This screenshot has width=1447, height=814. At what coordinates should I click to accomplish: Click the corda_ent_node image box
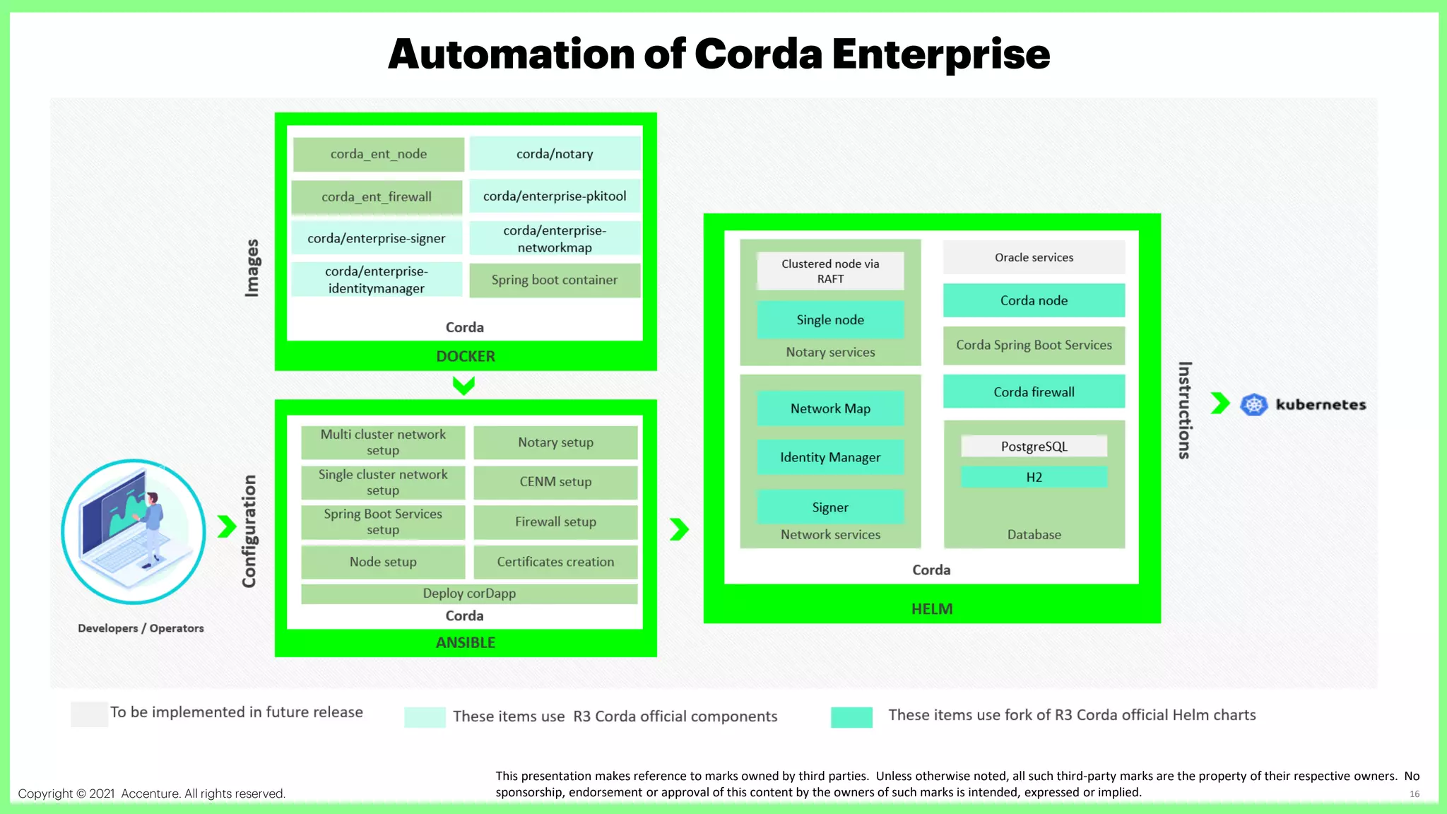[x=379, y=154]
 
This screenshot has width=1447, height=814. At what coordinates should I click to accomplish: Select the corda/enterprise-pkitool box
[x=555, y=196]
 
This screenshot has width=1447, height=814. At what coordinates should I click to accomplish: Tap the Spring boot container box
[x=555, y=280]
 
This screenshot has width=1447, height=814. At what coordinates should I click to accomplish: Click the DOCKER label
[x=466, y=356]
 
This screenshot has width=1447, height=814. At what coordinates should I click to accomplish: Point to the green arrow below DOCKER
[x=464, y=386]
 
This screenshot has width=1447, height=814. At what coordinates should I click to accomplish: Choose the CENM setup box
[x=555, y=482]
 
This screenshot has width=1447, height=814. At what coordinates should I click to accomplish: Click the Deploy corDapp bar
[x=469, y=594]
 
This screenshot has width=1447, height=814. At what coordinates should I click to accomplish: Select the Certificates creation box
[x=555, y=562]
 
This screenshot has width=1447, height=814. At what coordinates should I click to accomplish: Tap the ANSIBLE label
[x=466, y=642]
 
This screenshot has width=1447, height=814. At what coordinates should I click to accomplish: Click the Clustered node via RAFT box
[x=830, y=271]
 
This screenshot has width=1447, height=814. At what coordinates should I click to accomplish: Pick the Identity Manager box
[x=830, y=457]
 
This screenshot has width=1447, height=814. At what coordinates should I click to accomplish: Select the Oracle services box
[x=1034, y=257]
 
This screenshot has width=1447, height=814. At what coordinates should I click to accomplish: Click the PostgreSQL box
[x=1034, y=447]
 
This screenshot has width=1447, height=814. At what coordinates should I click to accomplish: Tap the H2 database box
[x=1034, y=477]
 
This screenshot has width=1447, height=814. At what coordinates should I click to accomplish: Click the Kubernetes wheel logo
[x=1254, y=405]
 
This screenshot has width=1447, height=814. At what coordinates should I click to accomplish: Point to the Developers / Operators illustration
[x=134, y=531]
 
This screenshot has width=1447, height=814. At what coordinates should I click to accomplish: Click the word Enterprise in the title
[x=941, y=54]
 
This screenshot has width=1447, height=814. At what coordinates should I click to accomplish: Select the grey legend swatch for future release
[x=89, y=714]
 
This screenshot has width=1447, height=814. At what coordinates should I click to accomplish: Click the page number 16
[x=1414, y=794]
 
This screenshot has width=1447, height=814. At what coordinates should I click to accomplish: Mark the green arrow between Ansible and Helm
[x=679, y=529]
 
